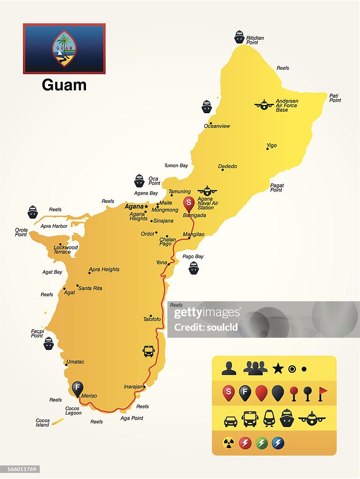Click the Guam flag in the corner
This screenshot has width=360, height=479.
pos(64,49)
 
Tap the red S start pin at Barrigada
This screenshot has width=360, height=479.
pos(189,203)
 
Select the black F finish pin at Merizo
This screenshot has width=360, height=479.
pos(78,388)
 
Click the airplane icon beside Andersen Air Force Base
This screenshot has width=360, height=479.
pos(264,104)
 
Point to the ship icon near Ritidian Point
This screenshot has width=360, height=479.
pos(239,37)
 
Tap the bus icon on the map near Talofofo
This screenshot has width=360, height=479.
pos(148,351)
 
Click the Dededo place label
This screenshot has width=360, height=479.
pos(228,167)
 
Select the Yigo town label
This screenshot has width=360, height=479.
pos(272,145)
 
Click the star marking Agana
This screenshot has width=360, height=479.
pos(146,206)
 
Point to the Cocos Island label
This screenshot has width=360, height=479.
pos(43,423)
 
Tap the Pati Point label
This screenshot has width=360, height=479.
pos(335,98)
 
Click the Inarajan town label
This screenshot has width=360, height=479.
pos(133,387)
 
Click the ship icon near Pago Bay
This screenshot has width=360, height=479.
pos(194,268)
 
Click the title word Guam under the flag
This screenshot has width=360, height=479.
pos(64,85)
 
